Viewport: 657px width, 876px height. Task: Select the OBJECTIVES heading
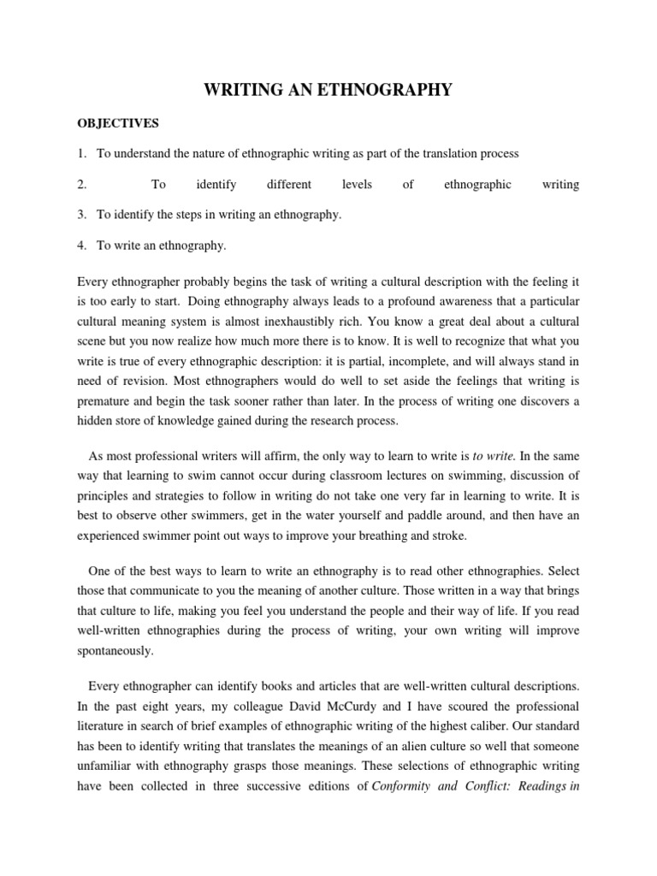[118, 123]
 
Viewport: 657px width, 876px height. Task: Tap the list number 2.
[82, 184]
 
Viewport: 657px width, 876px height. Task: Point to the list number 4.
[82, 246]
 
